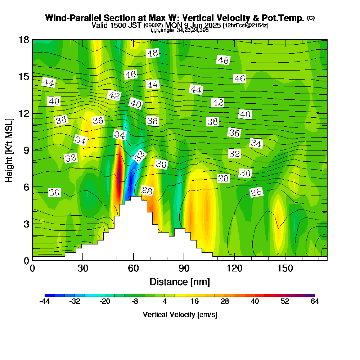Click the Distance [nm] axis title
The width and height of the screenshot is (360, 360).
click(180, 282)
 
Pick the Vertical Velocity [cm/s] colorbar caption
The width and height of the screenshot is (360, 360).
click(180, 315)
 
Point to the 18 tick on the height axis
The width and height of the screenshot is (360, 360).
click(24, 40)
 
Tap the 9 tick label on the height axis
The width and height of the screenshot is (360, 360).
click(26, 150)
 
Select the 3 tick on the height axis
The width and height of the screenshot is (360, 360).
click(26, 224)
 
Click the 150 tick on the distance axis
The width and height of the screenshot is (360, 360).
click(285, 269)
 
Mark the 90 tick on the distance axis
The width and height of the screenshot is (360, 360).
click(184, 269)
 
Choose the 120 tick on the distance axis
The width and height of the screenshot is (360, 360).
click(234, 269)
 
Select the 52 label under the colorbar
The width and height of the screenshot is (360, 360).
click(285, 302)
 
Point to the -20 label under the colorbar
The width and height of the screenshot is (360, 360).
click(105, 302)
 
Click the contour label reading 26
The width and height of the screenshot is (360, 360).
click(256, 193)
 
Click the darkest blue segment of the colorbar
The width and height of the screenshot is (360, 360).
click(47, 295)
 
